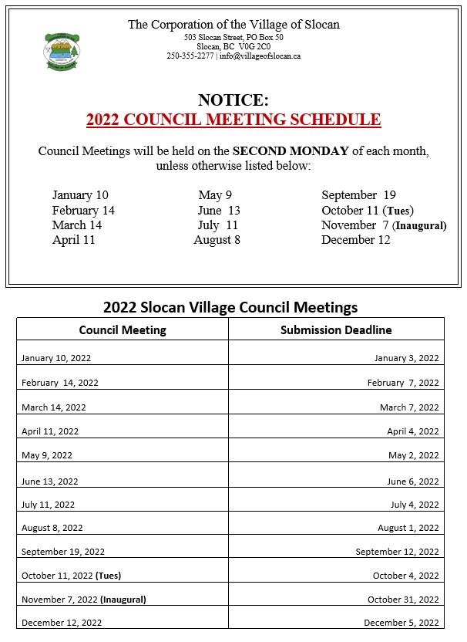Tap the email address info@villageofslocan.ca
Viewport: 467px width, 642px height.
click(x=260, y=56)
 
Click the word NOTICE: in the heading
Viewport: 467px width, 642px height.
click(x=234, y=100)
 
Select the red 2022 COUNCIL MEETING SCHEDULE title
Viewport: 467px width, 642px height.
click(x=234, y=120)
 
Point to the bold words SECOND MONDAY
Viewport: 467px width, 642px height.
click(x=291, y=151)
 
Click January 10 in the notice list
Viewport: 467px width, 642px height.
click(x=80, y=195)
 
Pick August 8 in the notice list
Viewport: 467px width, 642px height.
click(x=217, y=240)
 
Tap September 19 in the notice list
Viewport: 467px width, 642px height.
click(x=358, y=195)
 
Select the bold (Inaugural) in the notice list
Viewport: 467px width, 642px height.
click(x=419, y=226)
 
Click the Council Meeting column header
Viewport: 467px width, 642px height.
click(x=123, y=330)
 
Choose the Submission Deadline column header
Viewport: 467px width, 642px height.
click(x=336, y=330)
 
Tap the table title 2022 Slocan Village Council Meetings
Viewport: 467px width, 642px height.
click(x=230, y=307)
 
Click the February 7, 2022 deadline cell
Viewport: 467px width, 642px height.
click(x=403, y=383)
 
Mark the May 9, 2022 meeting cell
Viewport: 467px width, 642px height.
click(x=47, y=456)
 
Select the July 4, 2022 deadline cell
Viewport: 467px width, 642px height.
click(x=415, y=505)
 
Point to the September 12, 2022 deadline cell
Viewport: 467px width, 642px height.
click(x=397, y=552)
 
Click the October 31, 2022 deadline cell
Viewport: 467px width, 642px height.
click(x=403, y=600)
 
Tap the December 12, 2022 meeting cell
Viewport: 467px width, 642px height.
click(x=62, y=623)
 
